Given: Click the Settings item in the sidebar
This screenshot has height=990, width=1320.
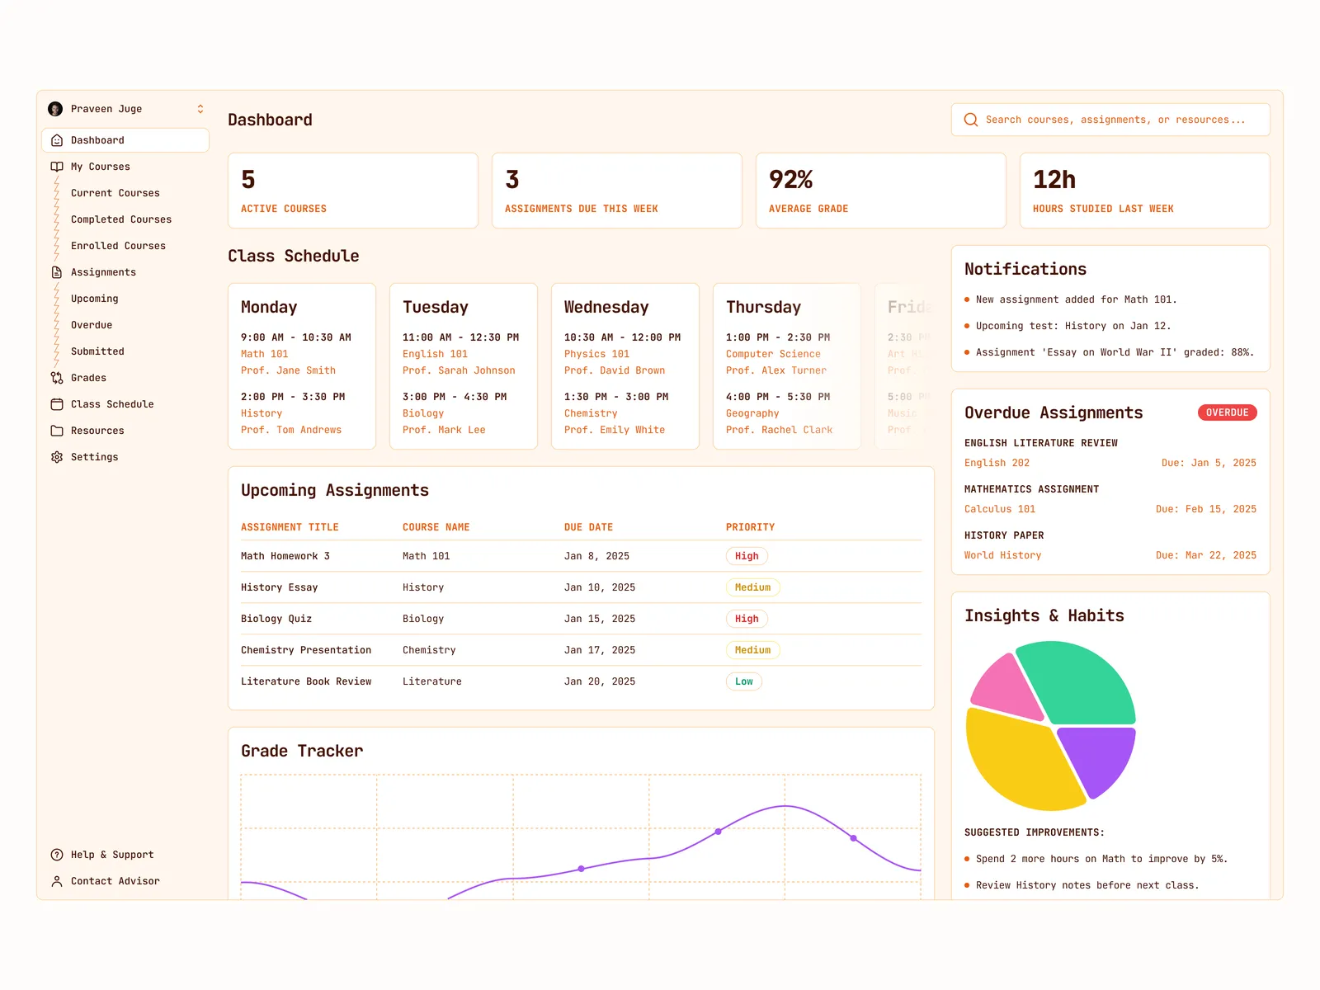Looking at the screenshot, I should [x=94, y=457].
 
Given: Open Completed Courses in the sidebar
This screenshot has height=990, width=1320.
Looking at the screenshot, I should [x=120, y=219].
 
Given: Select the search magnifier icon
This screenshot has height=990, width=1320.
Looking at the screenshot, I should [x=971, y=120].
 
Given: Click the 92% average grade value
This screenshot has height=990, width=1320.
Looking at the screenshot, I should [x=790, y=179].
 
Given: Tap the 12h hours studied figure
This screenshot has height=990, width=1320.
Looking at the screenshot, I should [x=1054, y=179].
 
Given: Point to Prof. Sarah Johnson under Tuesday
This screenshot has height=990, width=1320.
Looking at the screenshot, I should [x=458, y=370].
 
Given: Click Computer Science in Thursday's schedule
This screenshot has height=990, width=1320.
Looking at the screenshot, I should [x=772, y=354].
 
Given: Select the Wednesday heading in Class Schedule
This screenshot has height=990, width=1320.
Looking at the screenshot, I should [x=606, y=307].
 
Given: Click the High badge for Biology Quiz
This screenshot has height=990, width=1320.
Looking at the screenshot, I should [x=747, y=619].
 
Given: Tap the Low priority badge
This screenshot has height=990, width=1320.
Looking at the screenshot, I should [x=743, y=681].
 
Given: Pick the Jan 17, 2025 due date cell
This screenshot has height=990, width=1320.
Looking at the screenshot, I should [x=599, y=650].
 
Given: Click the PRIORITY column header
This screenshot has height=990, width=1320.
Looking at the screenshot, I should [x=750, y=527].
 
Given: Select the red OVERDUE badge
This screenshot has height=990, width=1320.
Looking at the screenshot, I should [x=1227, y=412].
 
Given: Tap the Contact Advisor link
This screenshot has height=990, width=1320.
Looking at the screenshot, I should [x=115, y=881].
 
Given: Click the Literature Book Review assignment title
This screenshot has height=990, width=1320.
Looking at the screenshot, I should [x=305, y=681].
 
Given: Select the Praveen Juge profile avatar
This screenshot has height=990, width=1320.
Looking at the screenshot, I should [x=55, y=109].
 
